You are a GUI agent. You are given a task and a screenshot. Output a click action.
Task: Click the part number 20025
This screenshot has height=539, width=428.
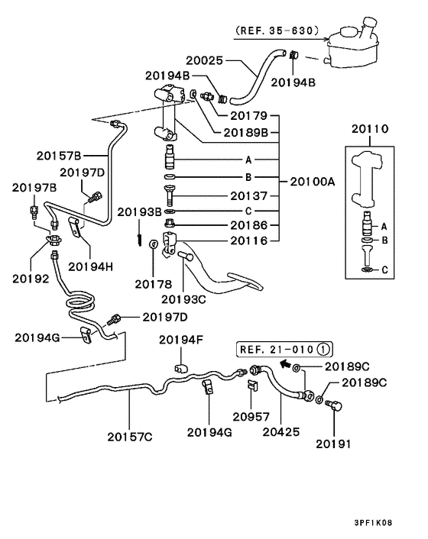pyautogui.click(x=205, y=60)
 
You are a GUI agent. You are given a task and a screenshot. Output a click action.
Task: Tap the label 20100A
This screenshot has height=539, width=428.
pyautogui.click(x=313, y=181)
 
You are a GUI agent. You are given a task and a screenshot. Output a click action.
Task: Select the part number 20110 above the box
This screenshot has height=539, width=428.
pyautogui.click(x=370, y=129)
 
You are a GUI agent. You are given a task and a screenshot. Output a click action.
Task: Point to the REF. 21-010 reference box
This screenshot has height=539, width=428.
pyautogui.click(x=284, y=350)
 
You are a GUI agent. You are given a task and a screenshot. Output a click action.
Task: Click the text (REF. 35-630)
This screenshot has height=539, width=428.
pyautogui.click(x=277, y=31)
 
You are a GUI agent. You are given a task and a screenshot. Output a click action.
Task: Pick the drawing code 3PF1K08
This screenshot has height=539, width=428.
pyautogui.click(x=373, y=523)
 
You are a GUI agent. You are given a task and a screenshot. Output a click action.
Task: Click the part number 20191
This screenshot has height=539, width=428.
pyautogui.click(x=334, y=444)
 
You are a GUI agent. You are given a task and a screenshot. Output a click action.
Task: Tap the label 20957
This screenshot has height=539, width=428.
pyautogui.click(x=251, y=417)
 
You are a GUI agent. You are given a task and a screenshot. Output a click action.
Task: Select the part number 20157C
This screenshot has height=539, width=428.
pyautogui.click(x=130, y=437)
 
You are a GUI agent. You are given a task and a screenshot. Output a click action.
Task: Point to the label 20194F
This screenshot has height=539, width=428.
pyautogui.click(x=181, y=340)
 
